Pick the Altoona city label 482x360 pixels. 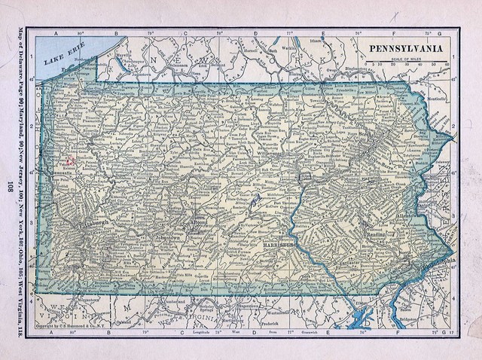198,224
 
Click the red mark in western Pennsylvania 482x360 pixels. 69,160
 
